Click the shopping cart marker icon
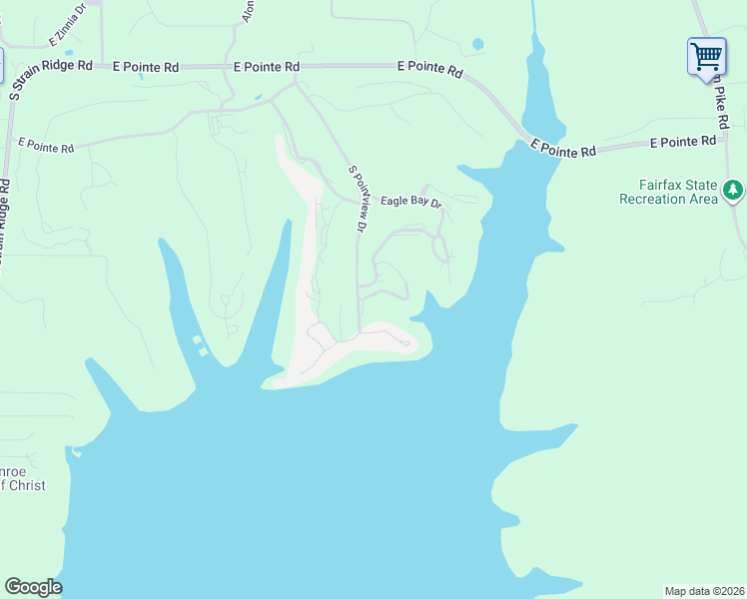coord(706,55)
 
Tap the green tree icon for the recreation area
coord(733,189)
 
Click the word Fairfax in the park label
coord(663,186)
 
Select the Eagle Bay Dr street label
coord(410,203)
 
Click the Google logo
coord(33,586)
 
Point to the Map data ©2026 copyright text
coord(704,590)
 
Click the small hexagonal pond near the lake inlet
coord(477,44)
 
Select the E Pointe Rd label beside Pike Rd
coord(683,143)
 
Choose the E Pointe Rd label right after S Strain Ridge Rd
coord(146,67)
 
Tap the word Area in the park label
coord(702,200)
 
